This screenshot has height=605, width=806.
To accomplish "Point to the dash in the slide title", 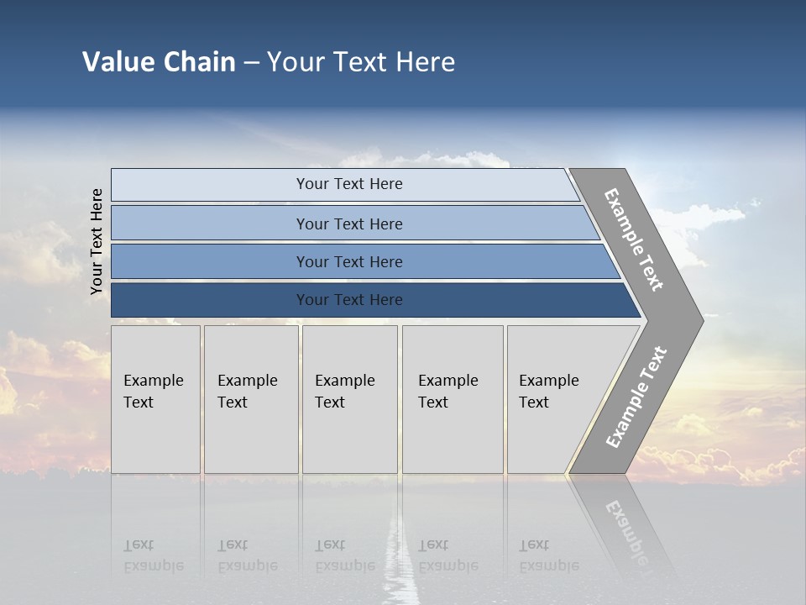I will [x=251, y=63].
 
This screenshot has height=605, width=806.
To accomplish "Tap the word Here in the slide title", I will [x=425, y=62].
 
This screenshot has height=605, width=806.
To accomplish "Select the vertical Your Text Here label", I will [x=97, y=241].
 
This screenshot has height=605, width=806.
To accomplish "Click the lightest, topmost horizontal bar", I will [x=348, y=184].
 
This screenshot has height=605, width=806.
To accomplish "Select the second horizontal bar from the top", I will [x=348, y=224].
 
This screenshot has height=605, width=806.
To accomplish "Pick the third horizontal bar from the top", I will [x=348, y=261].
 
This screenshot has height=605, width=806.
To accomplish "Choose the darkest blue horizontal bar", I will [x=348, y=300].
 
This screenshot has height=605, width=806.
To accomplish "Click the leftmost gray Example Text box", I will [x=155, y=399].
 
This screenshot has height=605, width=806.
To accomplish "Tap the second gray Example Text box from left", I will [x=250, y=399].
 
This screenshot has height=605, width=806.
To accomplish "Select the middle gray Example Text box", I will [x=349, y=399].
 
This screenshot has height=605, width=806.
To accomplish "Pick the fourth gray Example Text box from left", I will [x=453, y=399].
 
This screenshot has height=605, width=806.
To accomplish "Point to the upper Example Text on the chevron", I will [x=634, y=239].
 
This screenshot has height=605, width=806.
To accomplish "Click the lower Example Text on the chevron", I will [x=636, y=397].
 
